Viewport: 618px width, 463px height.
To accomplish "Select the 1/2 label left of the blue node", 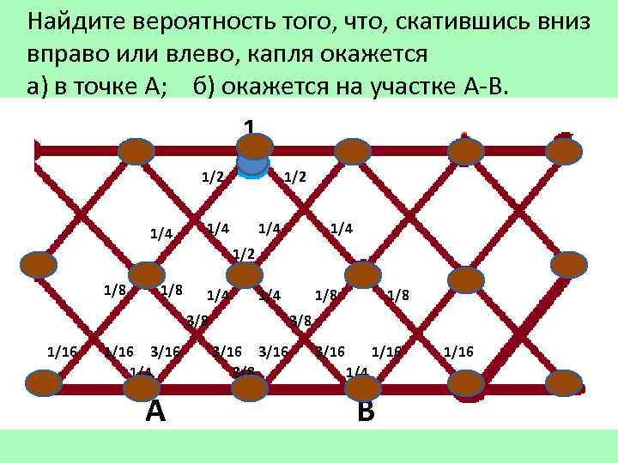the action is point(212,177).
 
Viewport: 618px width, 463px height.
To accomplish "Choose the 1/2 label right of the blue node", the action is point(294,177).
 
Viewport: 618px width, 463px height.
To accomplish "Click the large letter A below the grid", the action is point(155,412).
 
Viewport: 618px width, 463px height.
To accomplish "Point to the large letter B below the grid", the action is point(366,412).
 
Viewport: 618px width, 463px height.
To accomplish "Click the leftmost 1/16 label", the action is point(62,351).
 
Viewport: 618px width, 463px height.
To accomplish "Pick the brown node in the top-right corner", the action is point(564,151).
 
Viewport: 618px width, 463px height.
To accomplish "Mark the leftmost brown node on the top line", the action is point(136,152).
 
